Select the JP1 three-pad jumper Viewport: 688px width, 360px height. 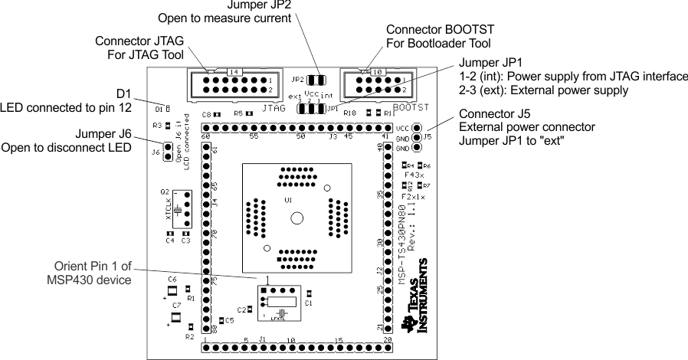[310, 109]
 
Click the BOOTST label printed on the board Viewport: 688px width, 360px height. [410, 107]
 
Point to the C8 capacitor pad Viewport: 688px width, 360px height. [217, 115]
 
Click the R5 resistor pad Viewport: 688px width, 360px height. [250, 113]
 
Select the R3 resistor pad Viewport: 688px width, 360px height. [168, 125]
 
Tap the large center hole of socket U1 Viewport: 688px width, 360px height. [295, 218]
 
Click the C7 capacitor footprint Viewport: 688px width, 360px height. [175, 317]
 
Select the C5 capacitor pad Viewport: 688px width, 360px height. [221, 320]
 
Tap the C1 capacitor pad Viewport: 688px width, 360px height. [309, 293]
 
